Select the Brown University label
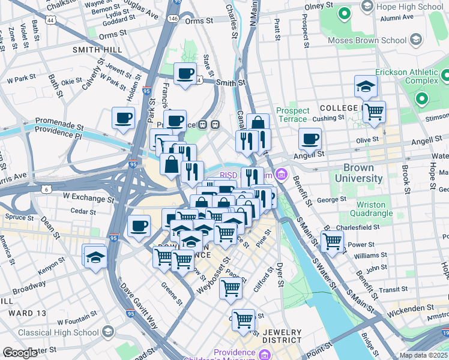pos(363,173)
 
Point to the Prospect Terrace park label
pos(292,115)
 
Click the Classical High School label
pos(58,332)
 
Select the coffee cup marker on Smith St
pos(185,74)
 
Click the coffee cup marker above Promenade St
pos(124,118)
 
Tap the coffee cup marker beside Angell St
pos(310,139)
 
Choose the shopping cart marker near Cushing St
pos(374,112)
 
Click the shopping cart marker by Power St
pos(332,241)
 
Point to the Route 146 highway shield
pos(173,19)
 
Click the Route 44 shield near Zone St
pos(51,20)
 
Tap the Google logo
pos(20,353)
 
